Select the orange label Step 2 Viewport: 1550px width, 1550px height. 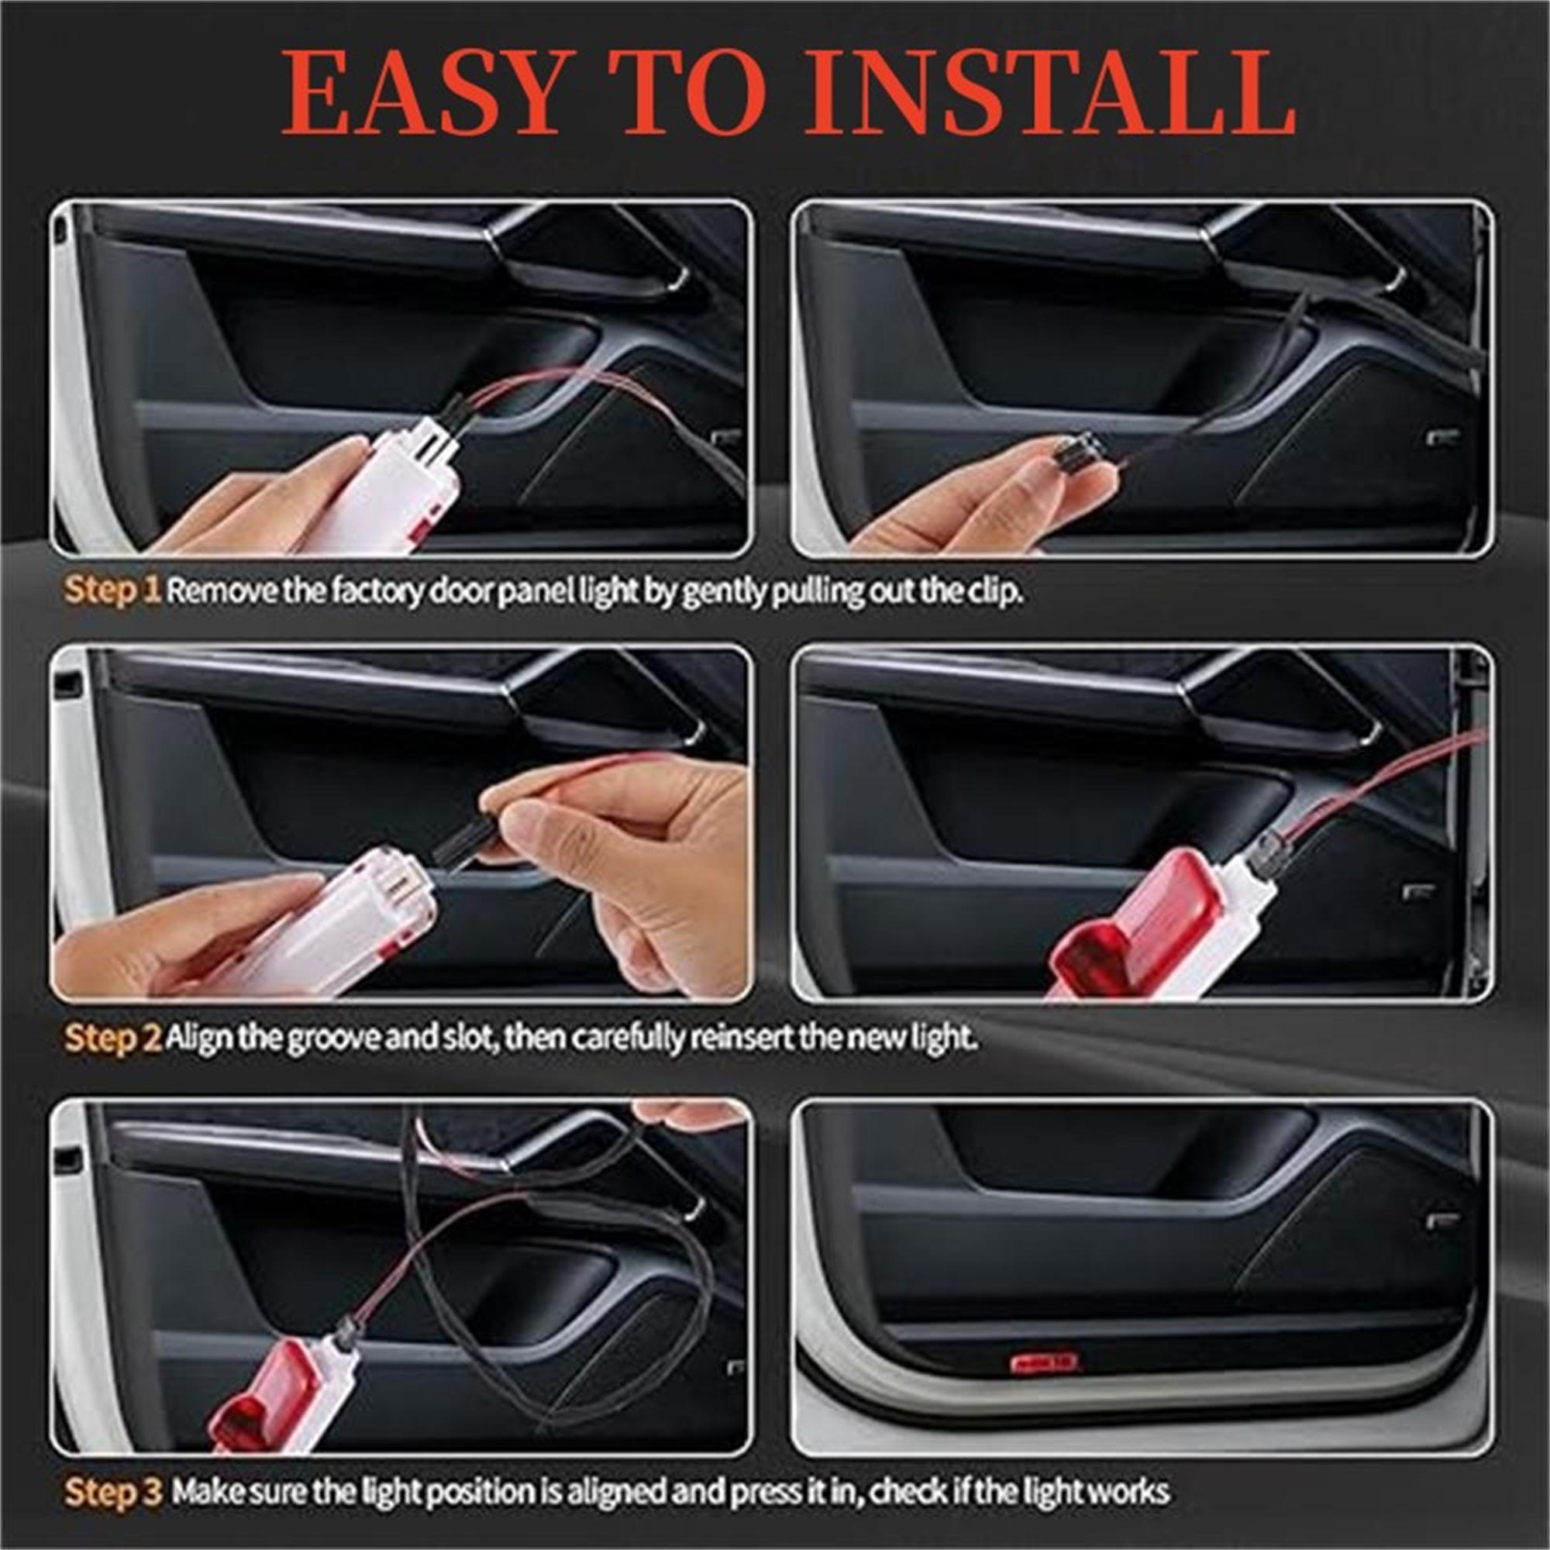coord(113,1038)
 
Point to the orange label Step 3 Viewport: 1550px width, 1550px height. coord(113,1469)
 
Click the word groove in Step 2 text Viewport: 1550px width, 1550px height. coord(326,1038)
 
